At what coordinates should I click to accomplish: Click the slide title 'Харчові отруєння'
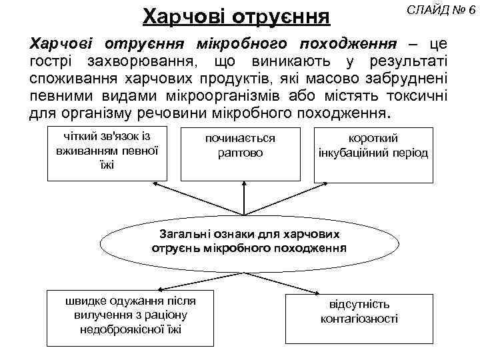(237, 15)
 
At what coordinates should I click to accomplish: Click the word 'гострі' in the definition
(52, 62)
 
